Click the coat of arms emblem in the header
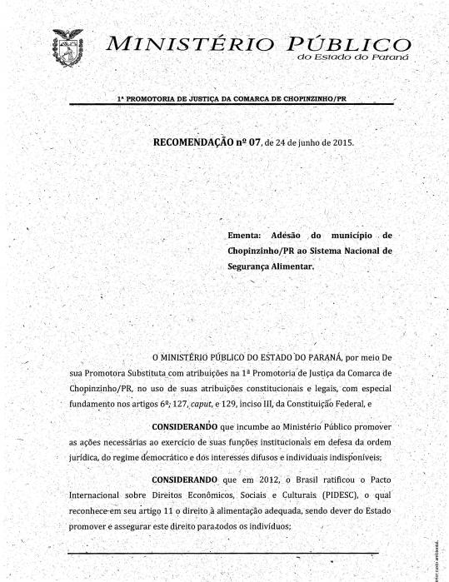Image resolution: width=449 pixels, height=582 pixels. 68,47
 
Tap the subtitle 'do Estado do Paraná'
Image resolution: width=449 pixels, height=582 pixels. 352,57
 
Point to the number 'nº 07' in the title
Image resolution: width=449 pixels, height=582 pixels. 249,142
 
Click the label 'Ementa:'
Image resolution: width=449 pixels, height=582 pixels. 245,236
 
